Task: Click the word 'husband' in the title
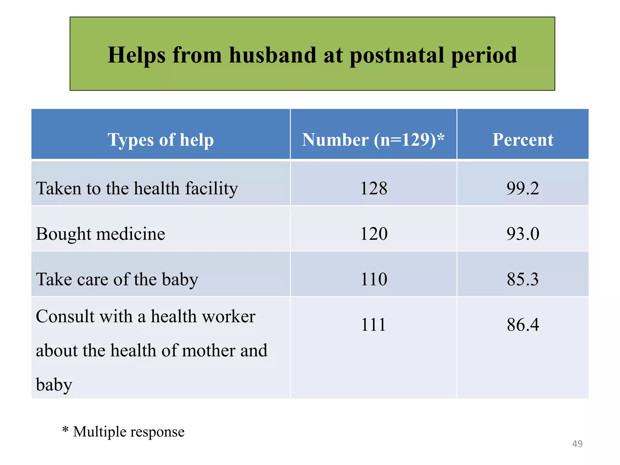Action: tap(272, 55)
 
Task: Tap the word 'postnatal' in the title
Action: tap(397, 56)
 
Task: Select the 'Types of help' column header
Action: tap(160, 140)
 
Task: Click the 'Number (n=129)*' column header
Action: tap(373, 140)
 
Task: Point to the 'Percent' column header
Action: tap(523, 140)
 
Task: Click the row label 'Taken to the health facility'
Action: tap(137, 188)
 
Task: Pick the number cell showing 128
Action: tap(374, 188)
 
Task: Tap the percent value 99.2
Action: tap(523, 188)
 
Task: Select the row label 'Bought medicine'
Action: tap(101, 234)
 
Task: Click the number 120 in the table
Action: tap(374, 234)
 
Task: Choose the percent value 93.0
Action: tap(523, 234)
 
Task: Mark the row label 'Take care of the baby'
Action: tap(117, 279)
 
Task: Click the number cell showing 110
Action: tap(374, 279)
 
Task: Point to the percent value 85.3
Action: tap(523, 279)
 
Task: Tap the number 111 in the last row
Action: tap(374, 325)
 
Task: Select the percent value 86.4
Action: tap(523, 325)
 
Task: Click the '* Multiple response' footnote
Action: tap(124, 431)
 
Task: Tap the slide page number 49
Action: tap(577, 444)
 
